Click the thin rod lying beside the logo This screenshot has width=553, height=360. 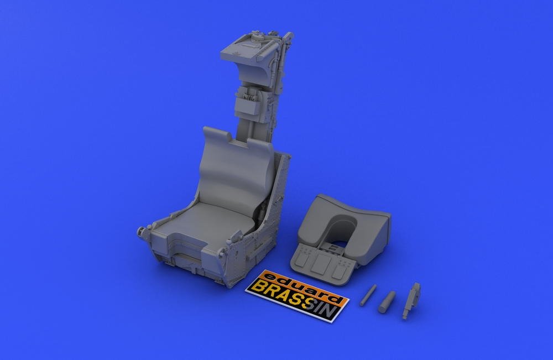coord(368,295)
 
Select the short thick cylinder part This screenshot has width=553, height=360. coord(387,302)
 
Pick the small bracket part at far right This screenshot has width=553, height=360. coord(411,301)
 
